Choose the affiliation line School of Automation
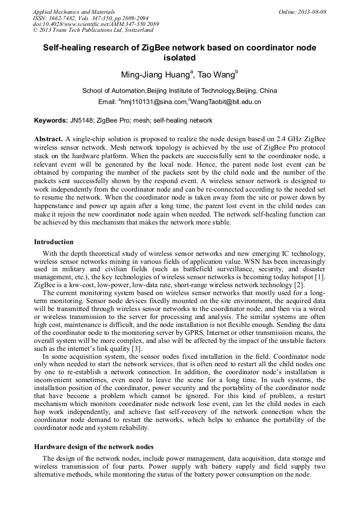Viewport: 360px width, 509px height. click(179, 91)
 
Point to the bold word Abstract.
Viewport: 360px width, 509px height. click(49, 139)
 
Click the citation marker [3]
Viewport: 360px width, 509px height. click(137, 348)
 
